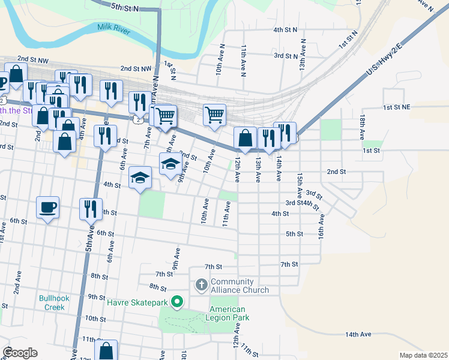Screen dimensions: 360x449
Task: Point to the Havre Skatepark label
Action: [137, 302]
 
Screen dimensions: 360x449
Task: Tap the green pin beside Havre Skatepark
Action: [176, 302]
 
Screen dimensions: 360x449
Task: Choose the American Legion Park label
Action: [228, 313]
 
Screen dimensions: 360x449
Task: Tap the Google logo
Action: [20, 353]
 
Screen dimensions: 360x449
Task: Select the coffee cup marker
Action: [48, 207]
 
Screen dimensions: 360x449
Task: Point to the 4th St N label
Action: [286, 29]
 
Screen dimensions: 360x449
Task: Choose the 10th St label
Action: [95, 318]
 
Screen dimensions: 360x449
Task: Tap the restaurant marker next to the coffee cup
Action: [91, 208]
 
